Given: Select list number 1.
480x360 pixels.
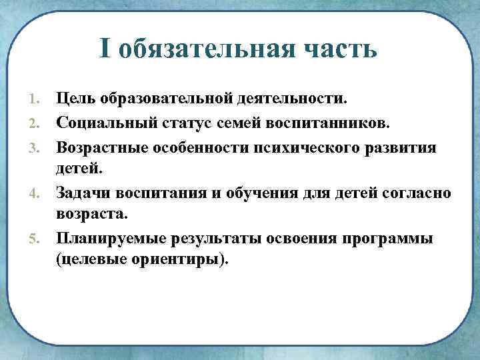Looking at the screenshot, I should click(35, 100).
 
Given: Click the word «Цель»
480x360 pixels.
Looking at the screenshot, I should click(77, 99).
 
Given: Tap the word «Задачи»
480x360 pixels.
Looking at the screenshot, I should click(85, 193).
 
